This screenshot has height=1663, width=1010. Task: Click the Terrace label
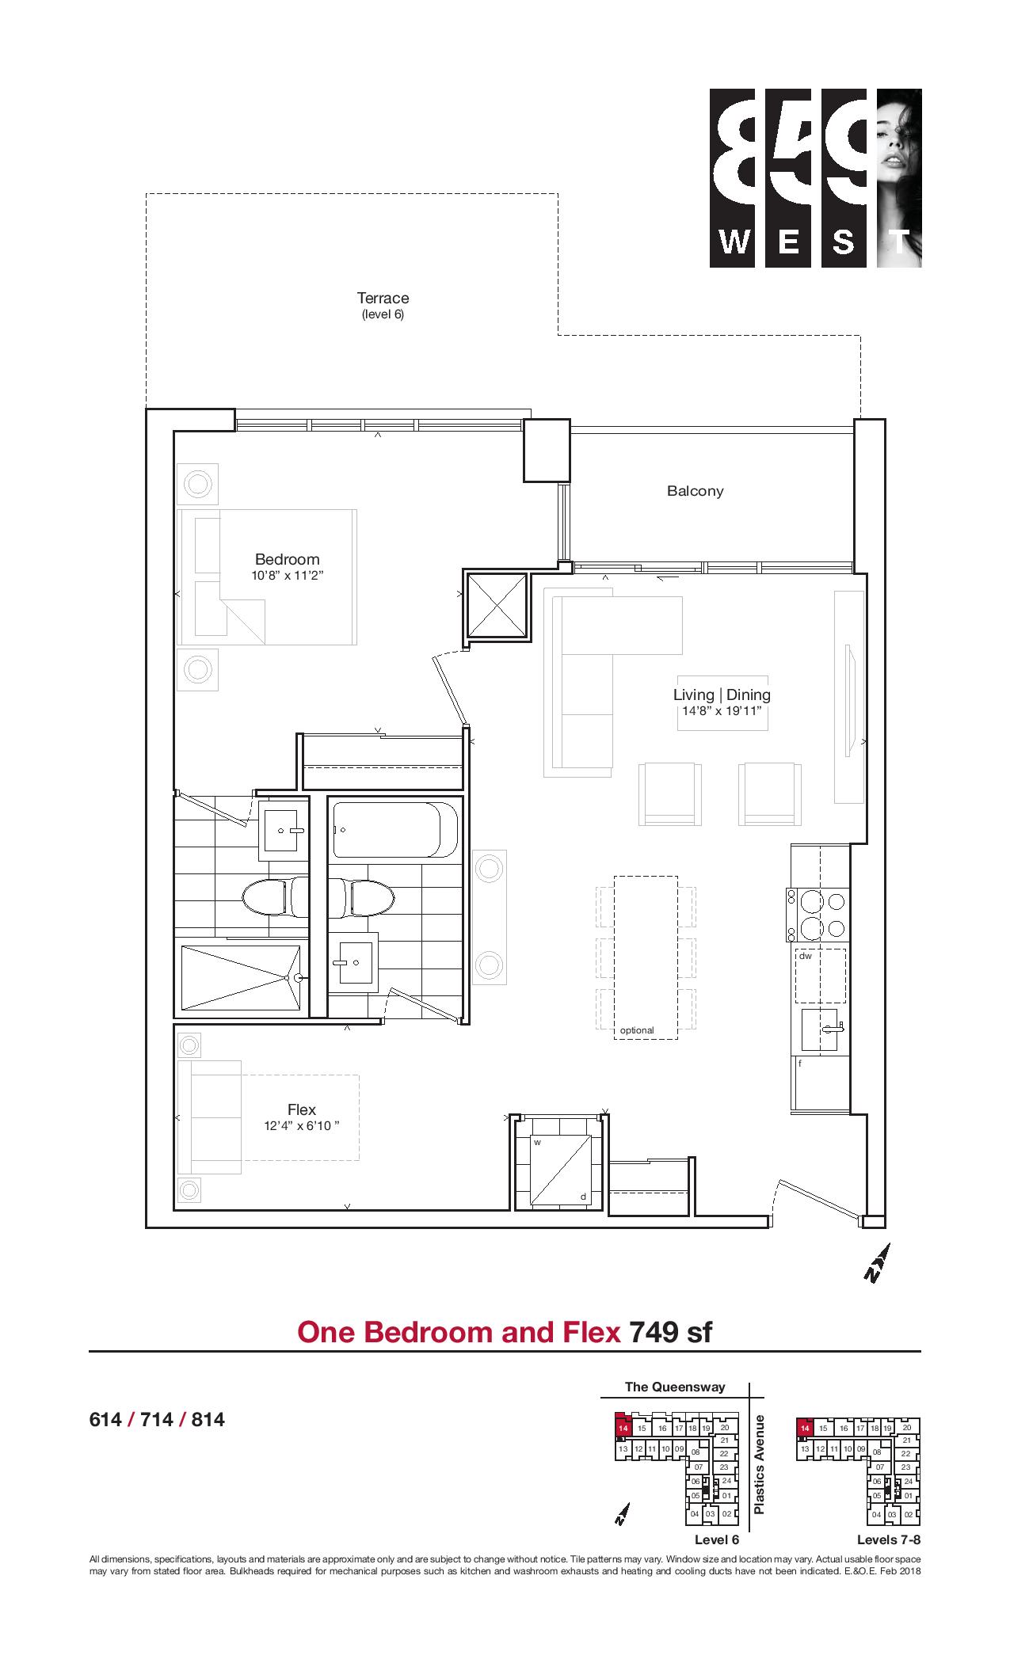(383, 299)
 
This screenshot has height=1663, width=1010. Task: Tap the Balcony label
(695, 491)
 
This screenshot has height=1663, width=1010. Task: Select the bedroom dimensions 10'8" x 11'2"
(288, 576)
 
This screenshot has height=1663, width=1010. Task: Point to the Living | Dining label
(722, 695)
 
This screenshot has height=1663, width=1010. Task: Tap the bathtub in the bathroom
(395, 830)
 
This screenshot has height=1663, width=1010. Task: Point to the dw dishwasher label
(805, 956)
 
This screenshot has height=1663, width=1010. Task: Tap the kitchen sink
(821, 1031)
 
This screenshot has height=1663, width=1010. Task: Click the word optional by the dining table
(637, 1030)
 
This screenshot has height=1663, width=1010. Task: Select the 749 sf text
(670, 1332)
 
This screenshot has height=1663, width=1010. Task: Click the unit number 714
(157, 1420)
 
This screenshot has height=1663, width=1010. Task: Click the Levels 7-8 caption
(889, 1540)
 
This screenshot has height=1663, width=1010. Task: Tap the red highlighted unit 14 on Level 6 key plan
(623, 1427)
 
